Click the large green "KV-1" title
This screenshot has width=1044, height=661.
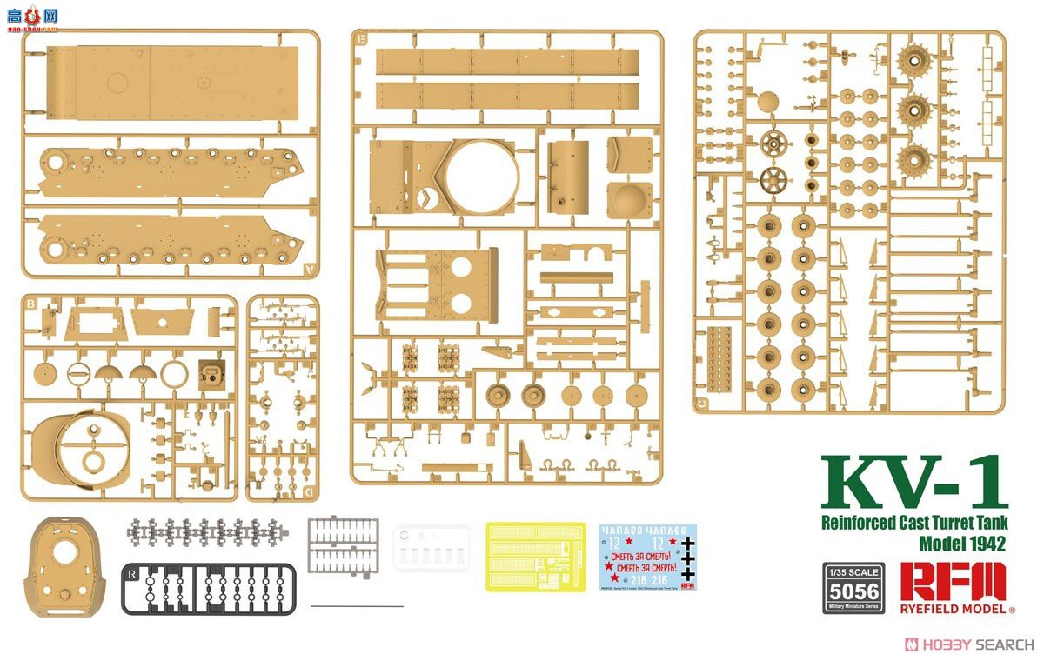click(913, 484)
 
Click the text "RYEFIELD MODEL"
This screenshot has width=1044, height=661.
click(954, 609)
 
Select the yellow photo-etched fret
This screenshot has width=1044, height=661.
click(536, 557)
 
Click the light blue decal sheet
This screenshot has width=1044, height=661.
click(648, 558)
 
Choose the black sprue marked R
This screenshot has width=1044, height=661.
click(209, 588)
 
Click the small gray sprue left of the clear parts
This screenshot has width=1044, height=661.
click(343, 543)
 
